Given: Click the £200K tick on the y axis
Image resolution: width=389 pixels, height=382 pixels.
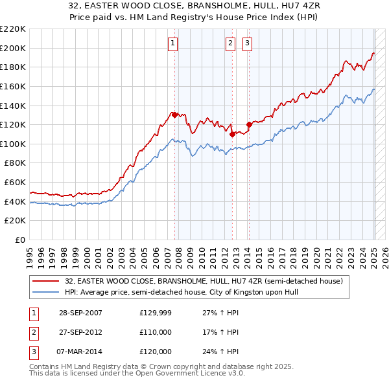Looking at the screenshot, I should click(x=13, y=48).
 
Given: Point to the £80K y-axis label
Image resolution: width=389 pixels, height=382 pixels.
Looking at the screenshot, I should click(x=15, y=163).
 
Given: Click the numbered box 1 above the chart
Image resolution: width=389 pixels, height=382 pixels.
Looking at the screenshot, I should click(x=173, y=43).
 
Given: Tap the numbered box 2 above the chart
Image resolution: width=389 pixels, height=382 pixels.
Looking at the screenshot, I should click(x=230, y=43).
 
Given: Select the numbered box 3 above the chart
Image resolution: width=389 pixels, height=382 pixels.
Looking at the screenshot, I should click(x=248, y=43).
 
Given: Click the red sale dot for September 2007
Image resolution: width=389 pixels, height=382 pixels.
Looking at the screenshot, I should click(x=174, y=115).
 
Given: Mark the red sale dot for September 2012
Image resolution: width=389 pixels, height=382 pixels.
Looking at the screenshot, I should click(x=232, y=134).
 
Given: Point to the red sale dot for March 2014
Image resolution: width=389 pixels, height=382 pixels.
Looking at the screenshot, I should click(x=249, y=124).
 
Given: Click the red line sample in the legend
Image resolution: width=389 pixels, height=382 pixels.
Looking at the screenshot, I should click(x=47, y=281).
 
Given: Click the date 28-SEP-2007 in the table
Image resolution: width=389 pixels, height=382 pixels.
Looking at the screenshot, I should click(x=80, y=313).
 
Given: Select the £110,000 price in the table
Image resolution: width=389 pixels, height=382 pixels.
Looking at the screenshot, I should click(x=155, y=332).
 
